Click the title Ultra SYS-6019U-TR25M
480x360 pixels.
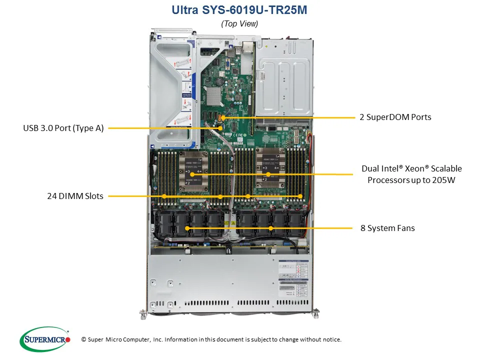pos(239,9)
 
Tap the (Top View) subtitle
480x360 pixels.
pos(239,23)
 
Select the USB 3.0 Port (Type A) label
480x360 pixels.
pos(63,128)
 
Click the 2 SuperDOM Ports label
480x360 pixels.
pos(395,117)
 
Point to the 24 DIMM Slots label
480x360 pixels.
pos(75,196)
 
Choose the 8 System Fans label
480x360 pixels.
pos(387,228)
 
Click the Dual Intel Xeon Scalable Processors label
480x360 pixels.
pos(411,174)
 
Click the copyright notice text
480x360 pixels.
pos(211,339)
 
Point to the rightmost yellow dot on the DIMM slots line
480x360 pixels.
pos(300,196)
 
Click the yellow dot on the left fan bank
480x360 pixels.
pos(188,228)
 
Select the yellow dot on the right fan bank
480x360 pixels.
pos(270,228)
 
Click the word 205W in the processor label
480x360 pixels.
pos(444,180)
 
